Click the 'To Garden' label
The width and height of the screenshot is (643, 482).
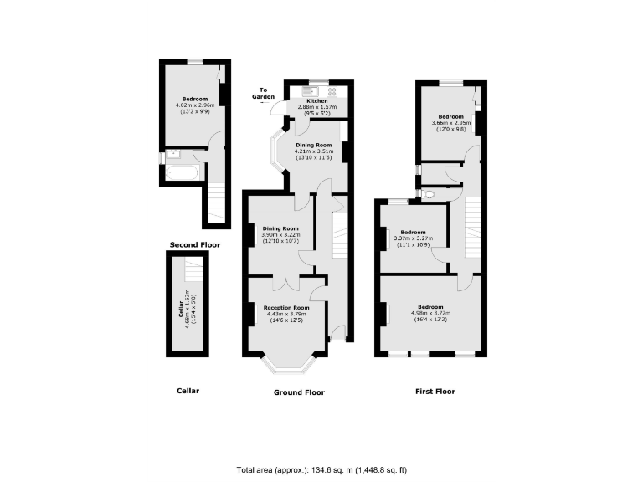(265, 93)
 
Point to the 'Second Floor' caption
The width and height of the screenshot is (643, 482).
(194, 244)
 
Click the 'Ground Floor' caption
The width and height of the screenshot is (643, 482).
(299, 392)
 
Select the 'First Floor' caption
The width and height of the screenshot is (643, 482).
(435, 391)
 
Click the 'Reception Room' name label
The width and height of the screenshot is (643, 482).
(286, 308)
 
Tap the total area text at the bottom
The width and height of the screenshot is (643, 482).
(321, 470)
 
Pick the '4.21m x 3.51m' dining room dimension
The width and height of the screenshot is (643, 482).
(314, 151)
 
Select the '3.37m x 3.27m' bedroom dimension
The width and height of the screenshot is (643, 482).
(413, 238)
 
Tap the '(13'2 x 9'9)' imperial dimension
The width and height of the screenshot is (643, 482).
(194, 111)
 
